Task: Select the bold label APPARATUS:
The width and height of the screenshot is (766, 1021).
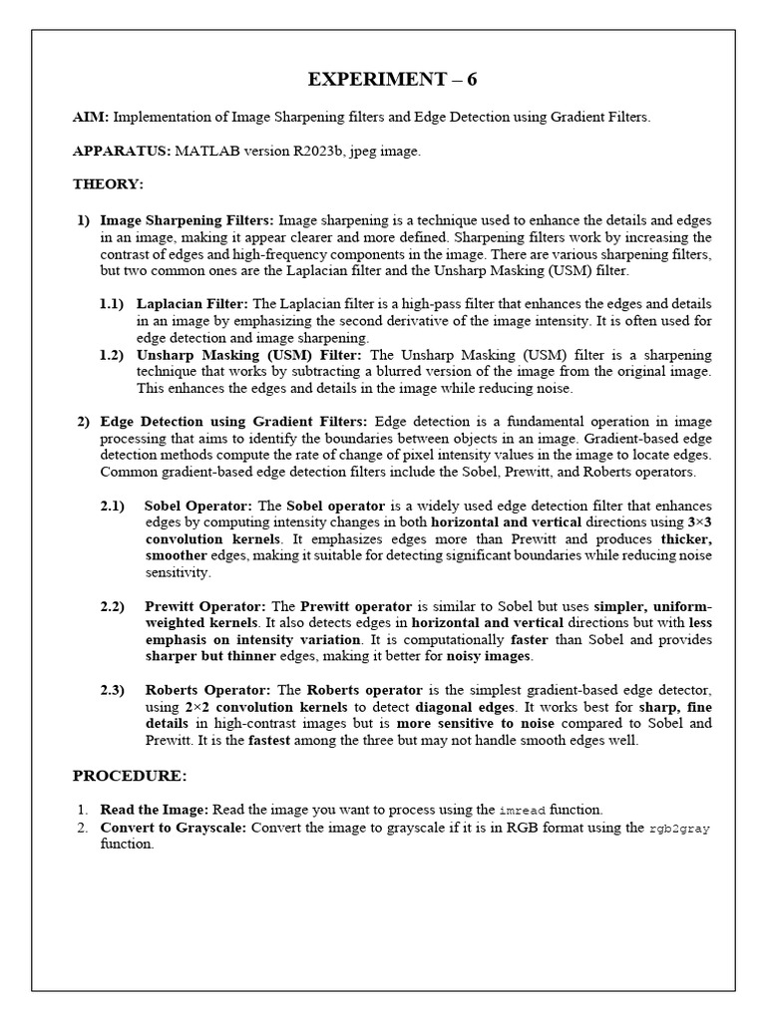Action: click(122, 152)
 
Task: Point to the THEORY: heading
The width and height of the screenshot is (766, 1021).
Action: click(108, 185)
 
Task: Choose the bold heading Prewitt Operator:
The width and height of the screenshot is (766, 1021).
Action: click(205, 607)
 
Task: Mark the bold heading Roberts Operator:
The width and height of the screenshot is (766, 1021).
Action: click(208, 691)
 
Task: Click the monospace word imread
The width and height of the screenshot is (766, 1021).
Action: click(521, 811)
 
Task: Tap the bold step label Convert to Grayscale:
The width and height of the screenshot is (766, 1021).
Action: click(169, 828)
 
